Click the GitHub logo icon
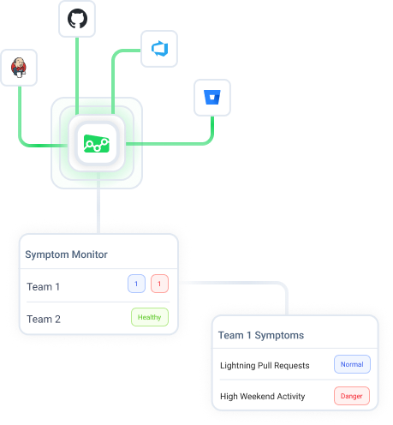tap(78, 19)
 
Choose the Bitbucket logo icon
tap(212, 98)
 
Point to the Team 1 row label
tap(44, 286)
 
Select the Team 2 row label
tap(44, 319)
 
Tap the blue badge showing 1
tap(136, 284)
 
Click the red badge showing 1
tap(160, 284)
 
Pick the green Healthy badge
tap(150, 317)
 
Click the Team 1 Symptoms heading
tap(261, 335)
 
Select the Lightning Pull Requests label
tap(264, 365)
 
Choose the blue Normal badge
tap(352, 364)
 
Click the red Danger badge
tap(352, 396)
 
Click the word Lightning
tap(239, 365)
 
